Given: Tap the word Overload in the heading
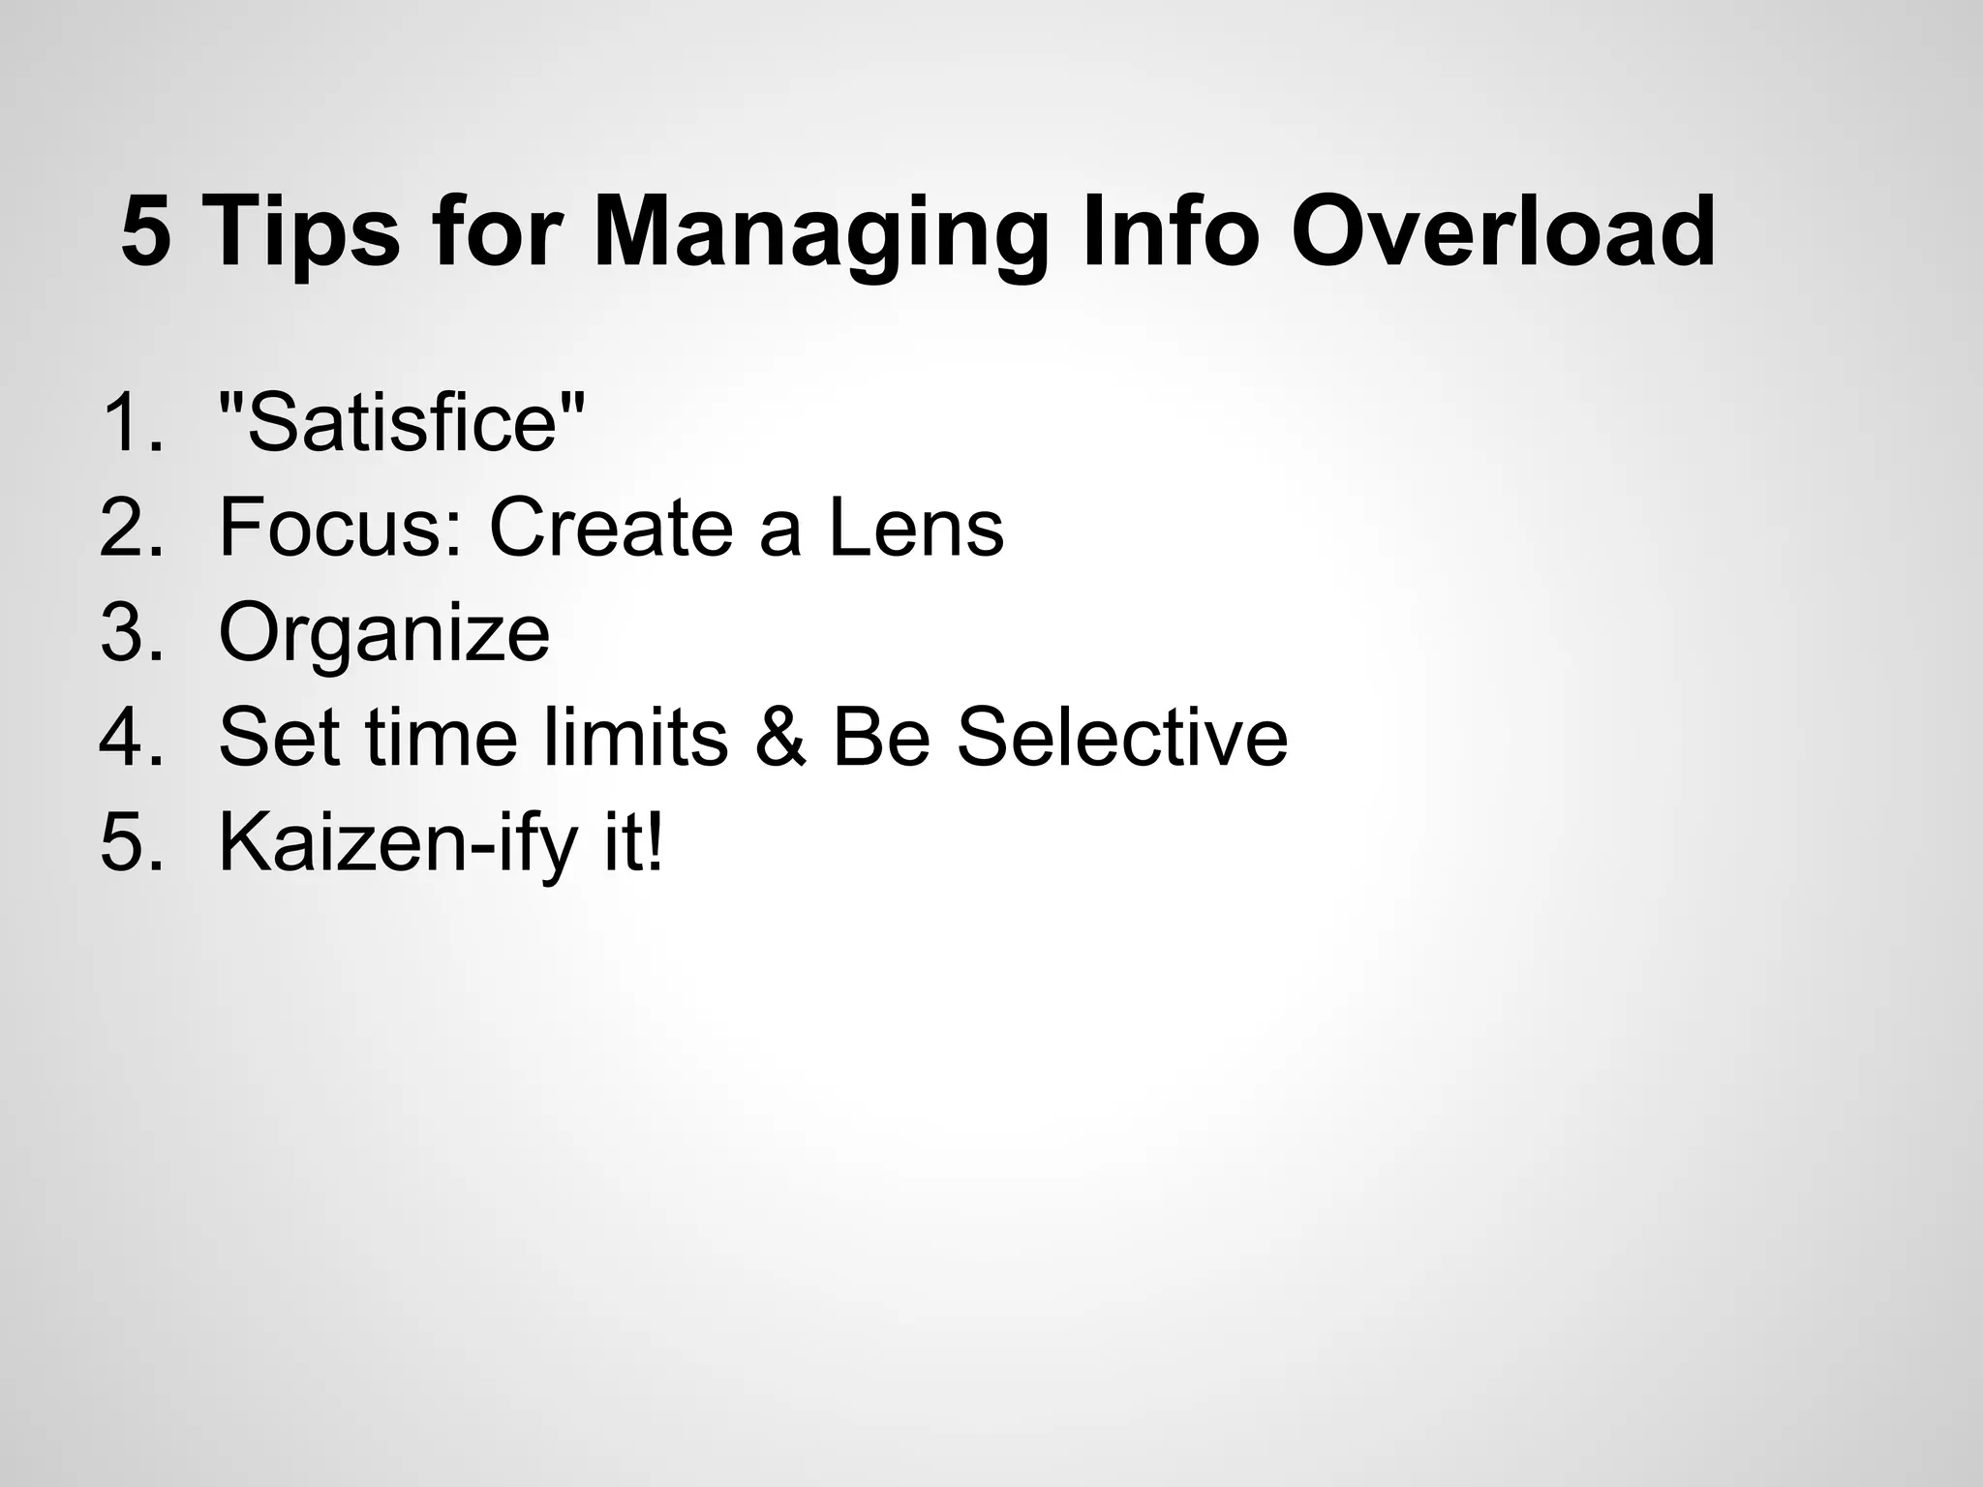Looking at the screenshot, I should [1504, 233].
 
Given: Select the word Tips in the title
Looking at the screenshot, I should [302, 233].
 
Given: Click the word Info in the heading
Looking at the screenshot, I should [1170, 233].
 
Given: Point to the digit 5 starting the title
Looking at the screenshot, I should [146, 233].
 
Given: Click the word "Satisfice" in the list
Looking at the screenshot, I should [403, 422].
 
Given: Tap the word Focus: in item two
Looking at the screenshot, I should [341, 528].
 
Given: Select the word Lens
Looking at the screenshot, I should [916, 528].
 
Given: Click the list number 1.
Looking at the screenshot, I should [131, 422].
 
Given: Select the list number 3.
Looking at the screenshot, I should [131, 633].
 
